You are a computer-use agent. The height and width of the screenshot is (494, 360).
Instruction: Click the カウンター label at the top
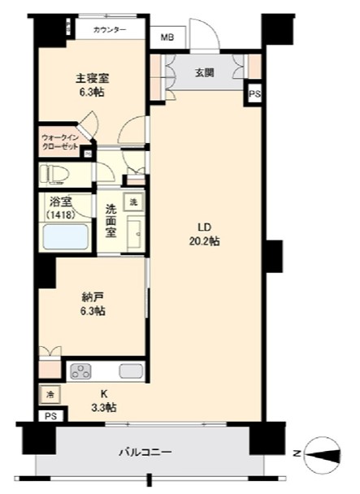click(110, 30)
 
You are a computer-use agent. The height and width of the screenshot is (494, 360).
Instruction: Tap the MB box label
click(167, 37)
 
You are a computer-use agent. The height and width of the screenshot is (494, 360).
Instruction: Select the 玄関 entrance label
click(204, 71)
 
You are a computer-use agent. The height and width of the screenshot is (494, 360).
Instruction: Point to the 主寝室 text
click(93, 78)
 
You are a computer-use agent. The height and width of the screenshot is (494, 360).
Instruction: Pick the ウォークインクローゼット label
click(61, 143)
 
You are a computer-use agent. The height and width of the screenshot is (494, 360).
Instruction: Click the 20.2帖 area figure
click(205, 241)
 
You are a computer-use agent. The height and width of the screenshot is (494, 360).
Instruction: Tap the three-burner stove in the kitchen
click(82, 372)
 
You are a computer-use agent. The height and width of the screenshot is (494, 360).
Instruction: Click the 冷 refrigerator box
click(50, 396)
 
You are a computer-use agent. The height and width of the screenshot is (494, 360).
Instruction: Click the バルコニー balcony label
click(145, 451)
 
